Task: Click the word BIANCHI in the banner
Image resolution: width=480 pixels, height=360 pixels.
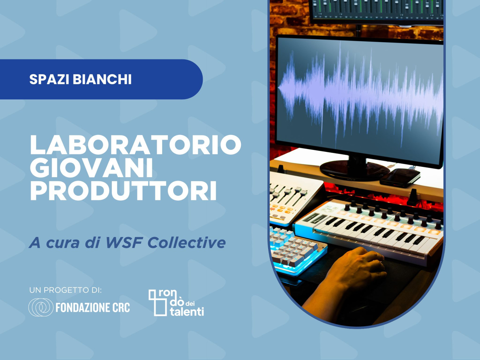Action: click(x=102, y=79)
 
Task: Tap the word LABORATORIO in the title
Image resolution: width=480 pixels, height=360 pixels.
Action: click(x=135, y=145)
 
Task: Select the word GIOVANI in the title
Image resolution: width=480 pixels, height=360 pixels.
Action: click(x=91, y=168)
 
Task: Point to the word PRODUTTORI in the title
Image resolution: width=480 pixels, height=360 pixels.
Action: click(x=123, y=191)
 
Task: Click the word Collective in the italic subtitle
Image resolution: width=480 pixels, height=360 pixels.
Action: click(x=186, y=242)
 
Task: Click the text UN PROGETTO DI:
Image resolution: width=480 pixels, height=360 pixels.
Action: click(x=65, y=290)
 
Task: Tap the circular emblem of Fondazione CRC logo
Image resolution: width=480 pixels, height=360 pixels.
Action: click(x=41, y=307)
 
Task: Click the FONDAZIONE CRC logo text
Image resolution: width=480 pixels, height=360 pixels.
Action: click(x=92, y=307)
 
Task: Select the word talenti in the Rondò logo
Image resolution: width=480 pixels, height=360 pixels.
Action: click(x=187, y=312)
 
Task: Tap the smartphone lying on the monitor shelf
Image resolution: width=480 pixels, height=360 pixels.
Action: click(x=400, y=177)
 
